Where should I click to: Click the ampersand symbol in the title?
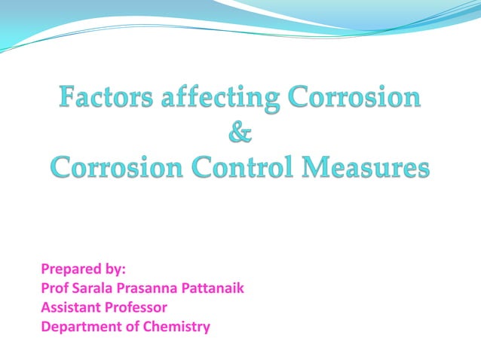coord(240,133)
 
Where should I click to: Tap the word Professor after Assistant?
coord(136,307)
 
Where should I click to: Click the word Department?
coord(81,327)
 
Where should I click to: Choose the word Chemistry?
coord(178,327)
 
